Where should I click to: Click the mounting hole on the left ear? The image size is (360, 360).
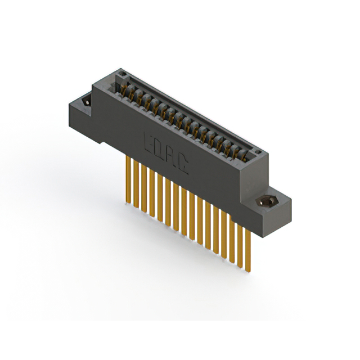pos(86,102)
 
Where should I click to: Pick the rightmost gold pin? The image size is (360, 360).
pos(247,247)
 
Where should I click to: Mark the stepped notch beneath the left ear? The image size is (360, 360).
pos(98,137)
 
